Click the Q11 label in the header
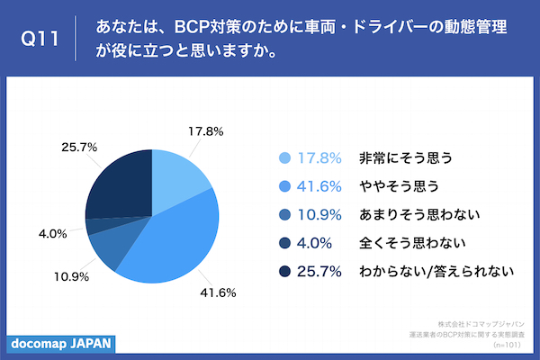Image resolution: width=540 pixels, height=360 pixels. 40,40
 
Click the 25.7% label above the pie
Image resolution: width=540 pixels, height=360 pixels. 78,144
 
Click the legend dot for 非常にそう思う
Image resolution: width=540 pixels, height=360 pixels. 285,157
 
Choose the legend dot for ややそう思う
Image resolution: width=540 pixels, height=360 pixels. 285,185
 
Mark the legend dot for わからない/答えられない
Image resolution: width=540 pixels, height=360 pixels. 285,270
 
